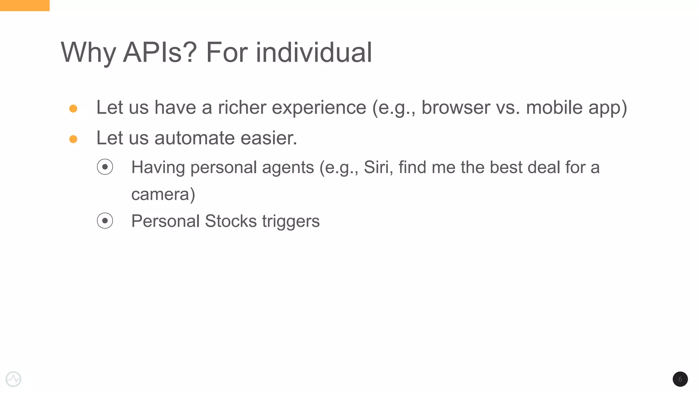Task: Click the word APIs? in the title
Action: point(160,53)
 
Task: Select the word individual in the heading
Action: point(314,53)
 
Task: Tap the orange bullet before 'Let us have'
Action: point(73,109)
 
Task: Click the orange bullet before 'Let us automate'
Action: point(73,139)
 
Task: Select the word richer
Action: point(242,108)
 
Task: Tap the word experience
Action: point(319,108)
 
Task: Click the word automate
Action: point(195,138)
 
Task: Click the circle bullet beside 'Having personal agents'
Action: point(105,167)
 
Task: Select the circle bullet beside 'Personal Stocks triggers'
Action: point(105,221)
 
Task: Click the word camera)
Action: point(163,194)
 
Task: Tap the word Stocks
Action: point(231,221)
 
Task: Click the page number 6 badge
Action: point(680,379)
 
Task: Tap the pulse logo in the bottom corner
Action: point(14,379)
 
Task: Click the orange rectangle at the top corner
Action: point(25,5)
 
